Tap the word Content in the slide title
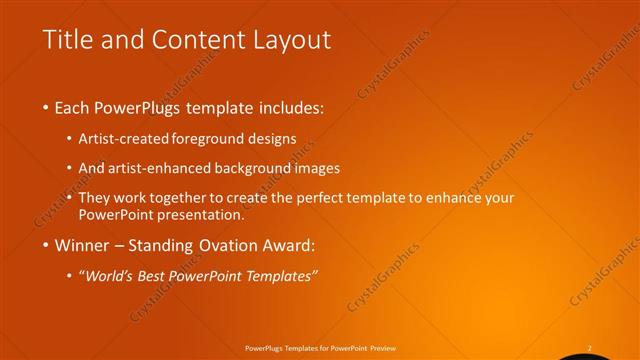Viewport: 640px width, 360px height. point(194,40)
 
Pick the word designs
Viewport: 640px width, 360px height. point(273,140)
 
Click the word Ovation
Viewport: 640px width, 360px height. point(228,245)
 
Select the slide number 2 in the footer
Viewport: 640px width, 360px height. point(589,348)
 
